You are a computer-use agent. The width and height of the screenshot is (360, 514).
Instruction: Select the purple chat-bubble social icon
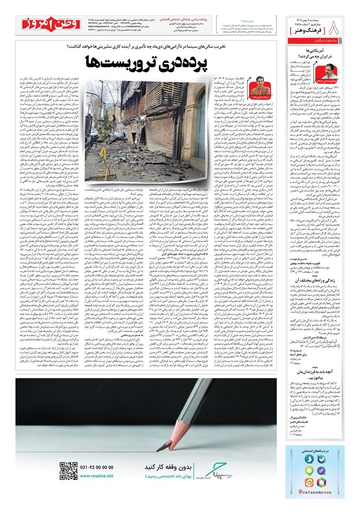point(321,471)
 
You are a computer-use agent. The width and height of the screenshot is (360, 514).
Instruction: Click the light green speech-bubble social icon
point(309,471)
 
